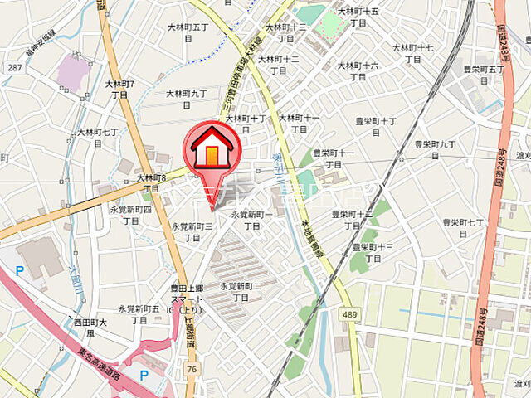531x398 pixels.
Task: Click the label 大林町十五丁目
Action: pos(358,17)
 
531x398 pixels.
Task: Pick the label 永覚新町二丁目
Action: pos(241,292)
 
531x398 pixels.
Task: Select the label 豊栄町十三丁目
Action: pos(373,252)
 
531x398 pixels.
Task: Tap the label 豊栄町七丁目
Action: pos(463,228)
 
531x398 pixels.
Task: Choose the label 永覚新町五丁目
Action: pos(139,313)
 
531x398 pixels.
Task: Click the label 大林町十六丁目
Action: pos(358,71)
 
